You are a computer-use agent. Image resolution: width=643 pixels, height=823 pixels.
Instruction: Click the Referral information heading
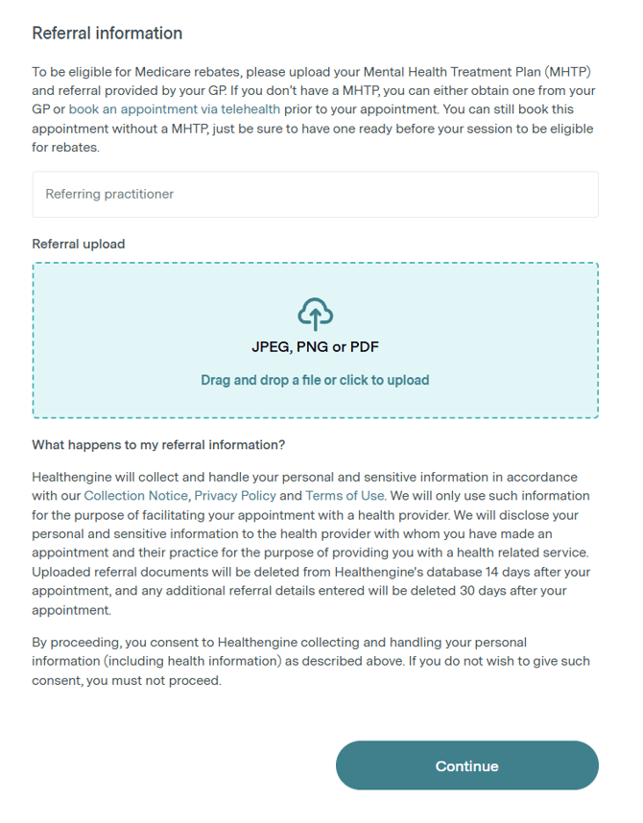(107, 34)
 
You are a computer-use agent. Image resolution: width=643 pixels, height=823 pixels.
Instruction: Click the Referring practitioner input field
(315, 195)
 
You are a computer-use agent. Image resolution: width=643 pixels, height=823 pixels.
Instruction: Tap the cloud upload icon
(315, 314)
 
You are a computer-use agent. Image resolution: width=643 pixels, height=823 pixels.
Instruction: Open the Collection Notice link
(136, 496)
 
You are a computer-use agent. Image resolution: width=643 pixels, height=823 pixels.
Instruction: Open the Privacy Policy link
(234, 496)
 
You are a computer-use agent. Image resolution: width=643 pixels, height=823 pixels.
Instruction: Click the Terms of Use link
(345, 496)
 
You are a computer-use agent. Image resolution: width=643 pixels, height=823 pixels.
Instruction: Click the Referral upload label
(79, 245)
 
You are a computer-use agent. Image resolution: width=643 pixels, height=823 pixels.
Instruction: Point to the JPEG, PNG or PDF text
(315, 347)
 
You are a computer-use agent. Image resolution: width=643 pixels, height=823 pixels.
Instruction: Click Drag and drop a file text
(315, 380)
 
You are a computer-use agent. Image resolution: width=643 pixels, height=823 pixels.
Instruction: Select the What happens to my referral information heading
(158, 445)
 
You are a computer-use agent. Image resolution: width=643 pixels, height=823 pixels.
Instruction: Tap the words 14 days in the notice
(503, 573)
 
